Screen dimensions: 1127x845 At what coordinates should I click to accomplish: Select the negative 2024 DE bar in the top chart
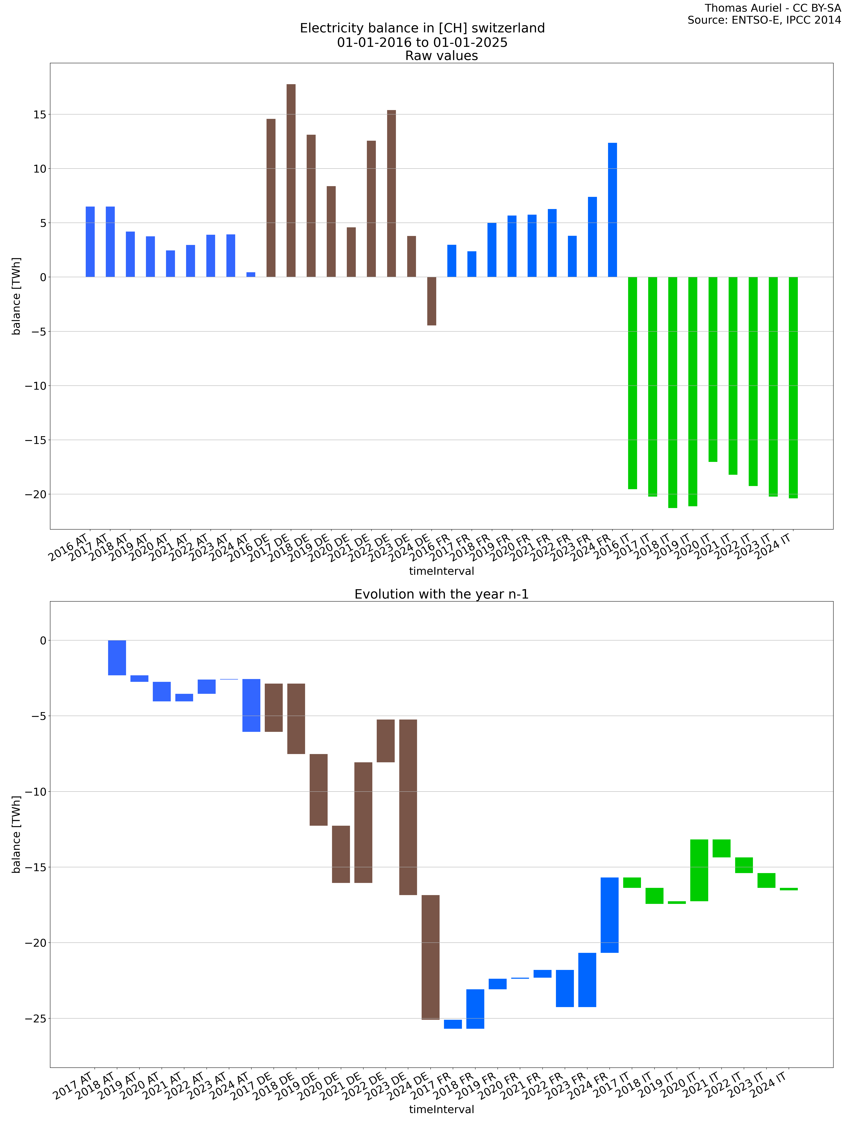click(x=431, y=301)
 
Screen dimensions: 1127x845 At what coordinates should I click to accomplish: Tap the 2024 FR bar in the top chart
click(x=612, y=210)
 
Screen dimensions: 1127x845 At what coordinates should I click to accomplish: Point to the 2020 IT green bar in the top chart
click(x=713, y=369)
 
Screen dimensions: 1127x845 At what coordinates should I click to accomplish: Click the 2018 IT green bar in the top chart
click(x=672, y=392)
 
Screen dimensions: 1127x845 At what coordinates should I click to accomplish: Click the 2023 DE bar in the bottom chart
click(x=408, y=808)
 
